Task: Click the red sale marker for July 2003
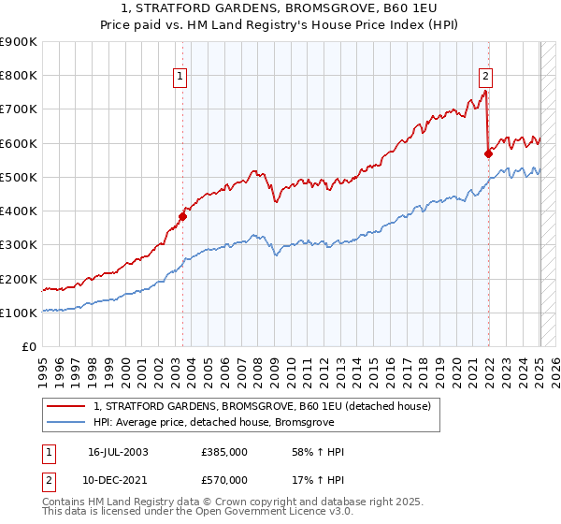click(183, 216)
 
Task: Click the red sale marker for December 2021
click(488, 153)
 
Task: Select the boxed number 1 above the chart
click(179, 78)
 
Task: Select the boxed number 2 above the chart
click(486, 78)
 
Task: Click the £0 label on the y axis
click(30, 347)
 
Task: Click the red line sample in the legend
click(67, 406)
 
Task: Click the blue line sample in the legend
click(67, 422)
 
